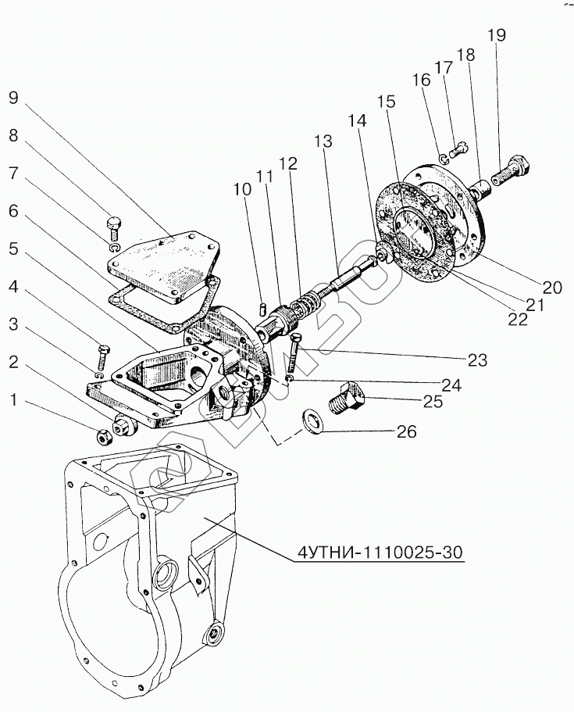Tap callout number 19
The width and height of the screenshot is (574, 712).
click(x=497, y=35)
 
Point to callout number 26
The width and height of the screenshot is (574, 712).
click(x=407, y=431)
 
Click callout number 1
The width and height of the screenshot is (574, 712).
click(x=12, y=401)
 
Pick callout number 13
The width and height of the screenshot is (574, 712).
click(x=323, y=142)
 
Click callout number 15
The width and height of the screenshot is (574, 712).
click(x=387, y=102)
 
